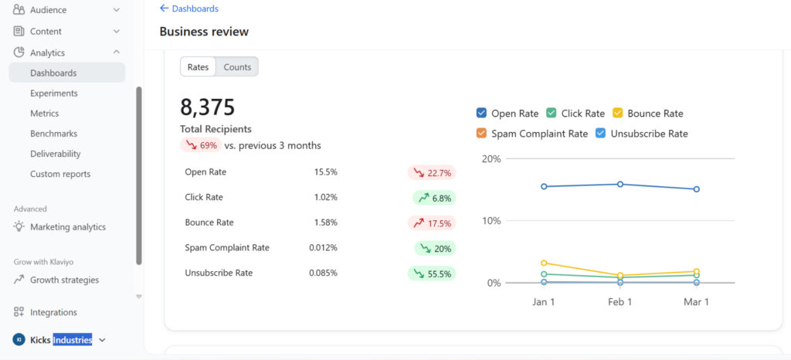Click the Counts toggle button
pyautogui.click(x=237, y=67)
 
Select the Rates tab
pyautogui.click(x=199, y=67)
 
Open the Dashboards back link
pyautogui.click(x=189, y=8)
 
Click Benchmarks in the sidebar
pyautogui.click(x=53, y=134)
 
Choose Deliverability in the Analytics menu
pyautogui.click(x=56, y=154)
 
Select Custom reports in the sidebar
pyautogui.click(x=60, y=174)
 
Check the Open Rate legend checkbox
pyautogui.click(x=481, y=113)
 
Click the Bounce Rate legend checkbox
pyautogui.click(x=617, y=113)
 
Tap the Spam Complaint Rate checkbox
pyautogui.click(x=481, y=133)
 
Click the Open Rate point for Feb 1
pyautogui.click(x=620, y=184)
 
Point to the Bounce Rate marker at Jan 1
pyautogui.click(x=544, y=263)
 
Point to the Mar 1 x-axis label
pyautogui.click(x=696, y=301)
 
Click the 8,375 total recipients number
pyautogui.click(x=208, y=107)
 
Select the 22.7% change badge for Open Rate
pyautogui.click(x=432, y=172)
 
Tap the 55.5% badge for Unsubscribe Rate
pyautogui.click(x=432, y=273)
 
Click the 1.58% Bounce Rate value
pyautogui.click(x=325, y=222)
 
